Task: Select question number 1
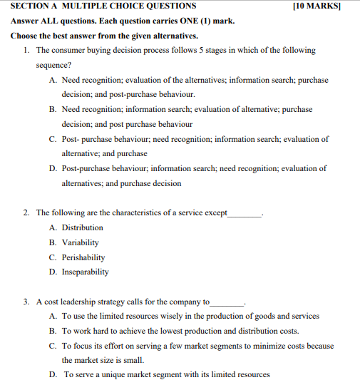[26, 51]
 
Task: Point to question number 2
[26, 212]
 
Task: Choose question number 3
[26, 302]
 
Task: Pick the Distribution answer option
[82, 227]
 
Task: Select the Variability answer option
[81, 242]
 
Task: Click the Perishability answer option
[83, 257]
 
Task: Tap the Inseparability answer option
[85, 272]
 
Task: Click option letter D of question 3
[53, 374]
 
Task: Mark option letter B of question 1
[53, 110]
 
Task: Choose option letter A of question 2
[53, 227]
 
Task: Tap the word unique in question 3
[106, 374]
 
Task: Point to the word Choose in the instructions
[25, 36]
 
